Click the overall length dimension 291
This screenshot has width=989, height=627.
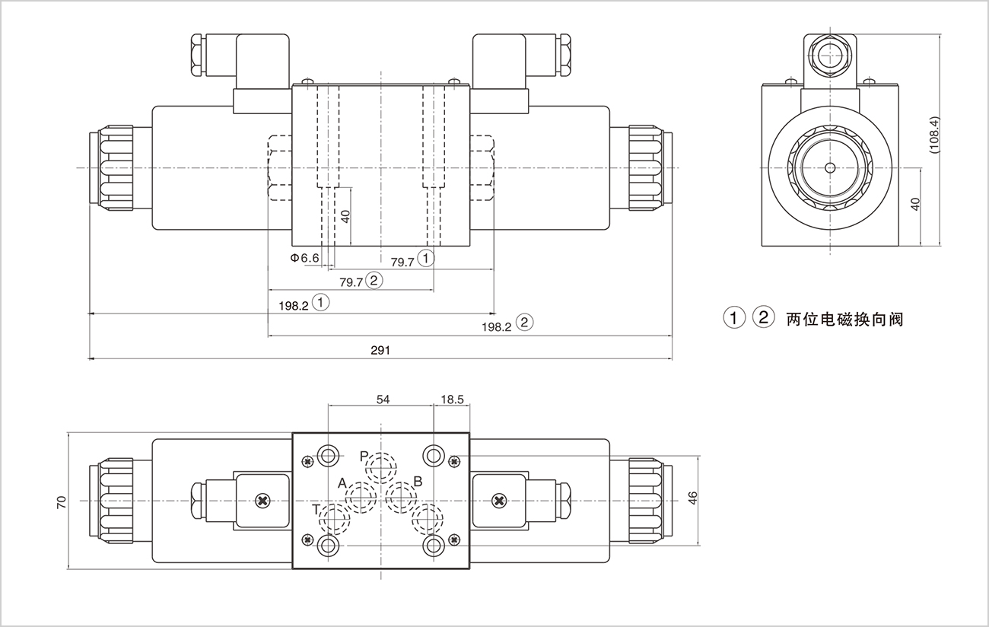tap(380, 350)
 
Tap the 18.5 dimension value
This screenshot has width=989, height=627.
tap(452, 398)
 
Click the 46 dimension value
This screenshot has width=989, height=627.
tap(692, 499)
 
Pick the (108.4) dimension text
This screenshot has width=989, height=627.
tap(935, 135)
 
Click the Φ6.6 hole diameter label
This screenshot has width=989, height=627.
tap(304, 258)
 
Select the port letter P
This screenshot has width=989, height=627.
tap(364, 456)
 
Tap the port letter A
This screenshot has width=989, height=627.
tap(342, 483)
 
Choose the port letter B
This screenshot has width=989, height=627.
tap(417, 481)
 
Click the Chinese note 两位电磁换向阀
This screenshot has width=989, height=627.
tap(844, 319)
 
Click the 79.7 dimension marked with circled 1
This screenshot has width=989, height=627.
tap(402, 262)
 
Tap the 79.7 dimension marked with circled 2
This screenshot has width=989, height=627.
tap(351, 282)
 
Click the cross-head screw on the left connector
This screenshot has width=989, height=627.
tap(263, 500)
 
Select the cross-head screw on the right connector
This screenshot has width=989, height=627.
tap(499, 500)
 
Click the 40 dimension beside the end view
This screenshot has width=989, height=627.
tap(915, 204)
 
